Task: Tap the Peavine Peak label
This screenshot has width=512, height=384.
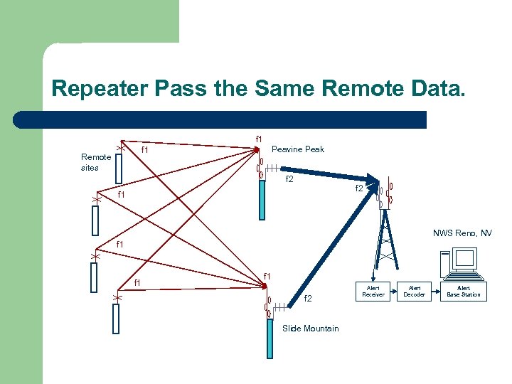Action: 299,149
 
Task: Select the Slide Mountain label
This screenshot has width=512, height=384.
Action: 310,328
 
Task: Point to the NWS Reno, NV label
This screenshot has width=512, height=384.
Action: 462,233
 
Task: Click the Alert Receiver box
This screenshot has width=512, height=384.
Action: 373,291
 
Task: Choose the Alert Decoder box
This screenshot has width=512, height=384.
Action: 414,291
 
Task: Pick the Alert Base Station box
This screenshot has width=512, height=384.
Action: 463,291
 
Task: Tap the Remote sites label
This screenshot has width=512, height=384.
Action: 95,162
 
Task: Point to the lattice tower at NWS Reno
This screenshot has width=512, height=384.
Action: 385,242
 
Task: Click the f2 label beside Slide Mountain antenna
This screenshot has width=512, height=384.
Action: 308,299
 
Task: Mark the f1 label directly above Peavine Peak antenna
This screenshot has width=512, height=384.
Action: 258,139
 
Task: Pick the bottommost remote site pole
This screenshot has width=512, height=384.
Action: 116,318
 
